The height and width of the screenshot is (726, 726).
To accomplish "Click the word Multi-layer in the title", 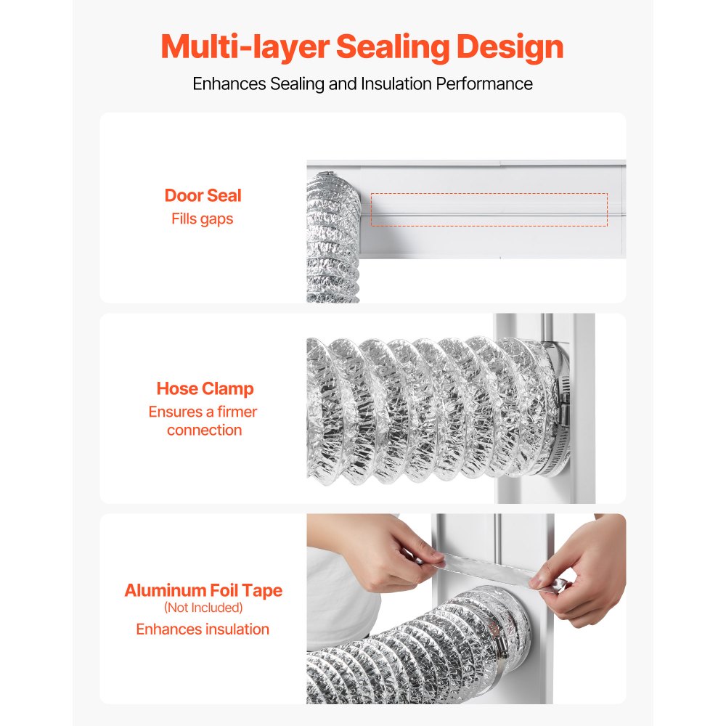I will [x=245, y=46].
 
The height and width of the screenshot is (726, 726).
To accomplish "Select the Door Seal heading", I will [x=203, y=195].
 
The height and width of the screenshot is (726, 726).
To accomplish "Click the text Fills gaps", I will [x=203, y=219].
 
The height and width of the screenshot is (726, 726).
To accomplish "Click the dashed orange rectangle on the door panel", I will [x=489, y=210].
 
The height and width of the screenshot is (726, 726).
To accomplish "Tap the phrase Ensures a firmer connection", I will [x=203, y=421].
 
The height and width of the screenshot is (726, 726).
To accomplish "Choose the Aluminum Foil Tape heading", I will [x=203, y=590].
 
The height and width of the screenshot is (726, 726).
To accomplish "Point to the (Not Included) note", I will [x=203, y=608].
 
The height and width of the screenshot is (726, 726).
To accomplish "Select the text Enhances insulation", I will [x=203, y=629].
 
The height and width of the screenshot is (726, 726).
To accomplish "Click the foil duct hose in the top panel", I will [x=333, y=240].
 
